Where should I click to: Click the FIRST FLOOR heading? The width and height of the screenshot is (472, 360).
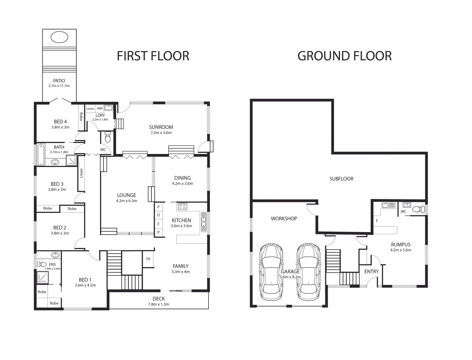(153, 56)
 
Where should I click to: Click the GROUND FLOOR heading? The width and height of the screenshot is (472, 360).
(344, 56)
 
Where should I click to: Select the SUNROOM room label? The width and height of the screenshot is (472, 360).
(161, 127)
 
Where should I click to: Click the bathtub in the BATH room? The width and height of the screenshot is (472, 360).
(41, 154)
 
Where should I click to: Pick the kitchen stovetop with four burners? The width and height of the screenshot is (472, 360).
(182, 206)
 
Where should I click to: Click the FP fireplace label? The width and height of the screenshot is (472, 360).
(148, 259)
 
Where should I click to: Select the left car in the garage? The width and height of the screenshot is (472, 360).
(271, 272)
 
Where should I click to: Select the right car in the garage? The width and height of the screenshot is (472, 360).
(308, 272)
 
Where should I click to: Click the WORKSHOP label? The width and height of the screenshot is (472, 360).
(284, 219)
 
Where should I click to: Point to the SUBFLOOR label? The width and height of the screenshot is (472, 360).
(341, 179)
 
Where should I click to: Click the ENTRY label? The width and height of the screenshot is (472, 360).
(371, 271)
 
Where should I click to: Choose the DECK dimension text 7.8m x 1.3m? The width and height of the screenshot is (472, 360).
(159, 304)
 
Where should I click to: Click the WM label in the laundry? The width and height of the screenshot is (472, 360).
(100, 108)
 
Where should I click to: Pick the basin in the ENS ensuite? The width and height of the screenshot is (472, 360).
(55, 255)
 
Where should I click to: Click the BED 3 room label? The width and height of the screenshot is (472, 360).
(57, 184)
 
